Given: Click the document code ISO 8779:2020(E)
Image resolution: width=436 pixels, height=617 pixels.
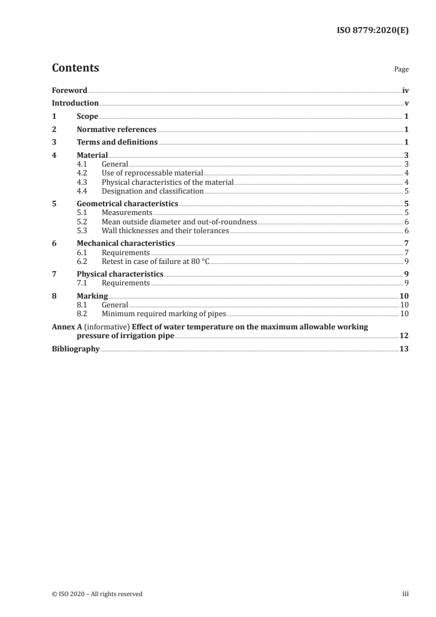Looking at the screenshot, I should [x=372, y=31].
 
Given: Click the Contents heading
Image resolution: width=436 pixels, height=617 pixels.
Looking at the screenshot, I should [x=75, y=68].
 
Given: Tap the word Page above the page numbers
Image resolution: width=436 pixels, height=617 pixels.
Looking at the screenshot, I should [x=401, y=70].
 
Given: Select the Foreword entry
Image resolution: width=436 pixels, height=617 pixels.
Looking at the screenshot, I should [x=69, y=90].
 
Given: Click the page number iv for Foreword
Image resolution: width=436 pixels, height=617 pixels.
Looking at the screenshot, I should [x=405, y=90].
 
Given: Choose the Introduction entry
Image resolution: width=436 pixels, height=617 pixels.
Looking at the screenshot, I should [x=75, y=103].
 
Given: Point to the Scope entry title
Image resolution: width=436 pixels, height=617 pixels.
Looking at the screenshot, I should [x=87, y=117].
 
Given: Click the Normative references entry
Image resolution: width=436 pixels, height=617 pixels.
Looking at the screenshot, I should [x=117, y=130].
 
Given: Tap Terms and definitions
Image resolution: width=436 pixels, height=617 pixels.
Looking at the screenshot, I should [x=117, y=142].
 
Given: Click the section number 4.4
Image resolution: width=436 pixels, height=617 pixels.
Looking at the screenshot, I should [x=82, y=191].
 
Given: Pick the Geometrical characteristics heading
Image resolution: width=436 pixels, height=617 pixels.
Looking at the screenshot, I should [x=128, y=203].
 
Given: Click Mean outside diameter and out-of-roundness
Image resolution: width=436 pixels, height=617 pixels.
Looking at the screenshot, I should [x=179, y=222].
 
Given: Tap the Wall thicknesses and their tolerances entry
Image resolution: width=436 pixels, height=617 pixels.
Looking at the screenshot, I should [x=165, y=231].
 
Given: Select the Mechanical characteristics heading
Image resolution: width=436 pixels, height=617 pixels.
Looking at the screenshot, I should [x=126, y=243].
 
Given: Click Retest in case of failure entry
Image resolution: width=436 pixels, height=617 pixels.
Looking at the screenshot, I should [x=156, y=261].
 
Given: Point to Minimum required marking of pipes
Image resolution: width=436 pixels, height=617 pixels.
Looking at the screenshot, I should [x=164, y=313].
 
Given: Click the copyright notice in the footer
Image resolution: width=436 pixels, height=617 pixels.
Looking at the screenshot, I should [x=97, y=594].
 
